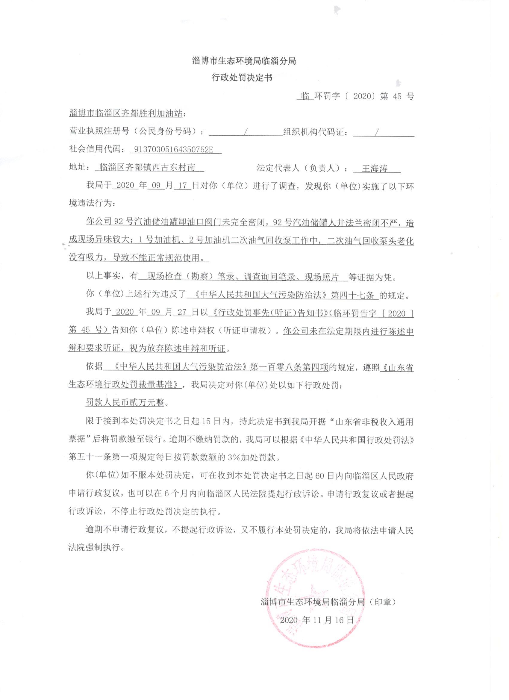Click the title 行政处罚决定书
[242, 78]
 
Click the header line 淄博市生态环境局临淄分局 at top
[244, 61]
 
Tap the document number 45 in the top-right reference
[398, 96]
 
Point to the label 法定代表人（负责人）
[301, 168]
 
